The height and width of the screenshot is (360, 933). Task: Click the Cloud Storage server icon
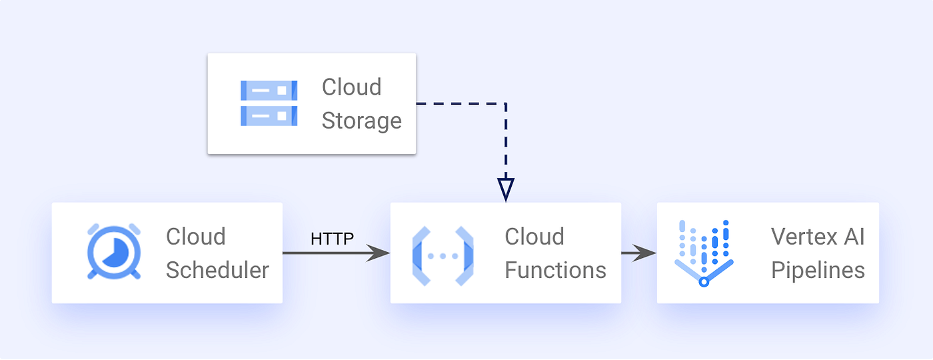click(x=269, y=103)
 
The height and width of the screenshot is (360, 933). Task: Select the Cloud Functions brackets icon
click(x=443, y=255)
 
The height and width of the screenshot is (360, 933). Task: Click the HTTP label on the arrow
click(x=332, y=239)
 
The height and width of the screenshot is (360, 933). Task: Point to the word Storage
click(x=361, y=121)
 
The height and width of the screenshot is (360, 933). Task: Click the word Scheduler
click(x=217, y=270)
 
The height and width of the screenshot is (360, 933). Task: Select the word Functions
click(x=555, y=270)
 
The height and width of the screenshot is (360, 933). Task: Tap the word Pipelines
click(x=818, y=270)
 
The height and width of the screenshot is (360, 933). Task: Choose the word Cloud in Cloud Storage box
click(x=351, y=87)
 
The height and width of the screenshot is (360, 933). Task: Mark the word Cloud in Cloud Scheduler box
click(x=195, y=236)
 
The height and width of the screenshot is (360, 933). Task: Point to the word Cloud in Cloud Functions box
click(x=534, y=236)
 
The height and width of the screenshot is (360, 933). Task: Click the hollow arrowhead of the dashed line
click(x=506, y=190)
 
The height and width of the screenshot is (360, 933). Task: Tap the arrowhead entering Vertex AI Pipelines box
click(x=645, y=253)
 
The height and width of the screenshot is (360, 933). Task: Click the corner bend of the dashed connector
click(x=506, y=104)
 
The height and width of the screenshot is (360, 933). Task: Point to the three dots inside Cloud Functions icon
click(x=443, y=256)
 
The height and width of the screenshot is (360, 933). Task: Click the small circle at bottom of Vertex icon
click(x=703, y=282)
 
